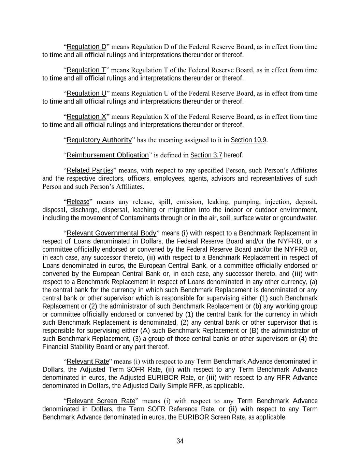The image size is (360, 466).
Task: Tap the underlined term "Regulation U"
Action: click(x=87, y=93)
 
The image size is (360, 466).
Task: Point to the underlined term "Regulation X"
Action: click(x=87, y=117)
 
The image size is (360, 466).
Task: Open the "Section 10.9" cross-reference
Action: click(x=248, y=140)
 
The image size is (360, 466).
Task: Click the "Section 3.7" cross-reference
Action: click(x=206, y=155)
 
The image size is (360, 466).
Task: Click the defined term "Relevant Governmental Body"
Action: click(x=112, y=233)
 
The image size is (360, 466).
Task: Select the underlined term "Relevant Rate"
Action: click(x=88, y=361)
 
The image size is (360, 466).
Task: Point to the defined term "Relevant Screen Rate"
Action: click(x=101, y=401)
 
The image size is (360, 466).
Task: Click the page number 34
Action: click(x=180, y=441)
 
